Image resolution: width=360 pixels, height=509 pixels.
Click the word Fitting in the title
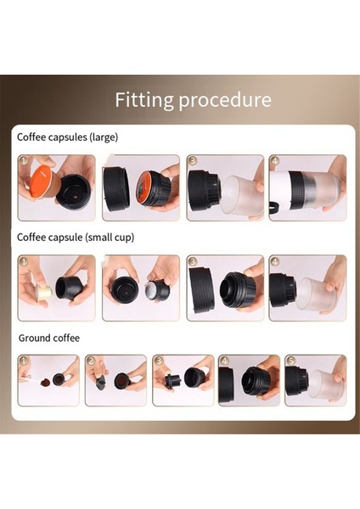(x=144, y=100)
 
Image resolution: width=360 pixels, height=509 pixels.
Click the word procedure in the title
(x=225, y=101)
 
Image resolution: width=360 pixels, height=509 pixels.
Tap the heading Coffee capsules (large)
(x=67, y=137)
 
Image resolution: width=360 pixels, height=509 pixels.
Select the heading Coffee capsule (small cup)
(x=76, y=238)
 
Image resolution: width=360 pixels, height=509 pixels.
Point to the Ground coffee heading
(x=49, y=338)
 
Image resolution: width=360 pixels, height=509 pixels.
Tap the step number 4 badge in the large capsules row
(x=275, y=160)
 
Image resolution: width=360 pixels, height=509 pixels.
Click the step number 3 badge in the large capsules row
(x=193, y=160)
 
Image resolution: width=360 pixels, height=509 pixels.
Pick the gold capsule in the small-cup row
(x=44, y=290)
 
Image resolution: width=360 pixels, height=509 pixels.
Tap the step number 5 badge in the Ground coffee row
(x=290, y=361)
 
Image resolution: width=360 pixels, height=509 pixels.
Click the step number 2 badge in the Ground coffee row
(x=91, y=361)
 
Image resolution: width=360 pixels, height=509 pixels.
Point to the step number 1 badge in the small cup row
(x=24, y=261)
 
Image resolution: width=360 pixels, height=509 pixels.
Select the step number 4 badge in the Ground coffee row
(x=224, y=361)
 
